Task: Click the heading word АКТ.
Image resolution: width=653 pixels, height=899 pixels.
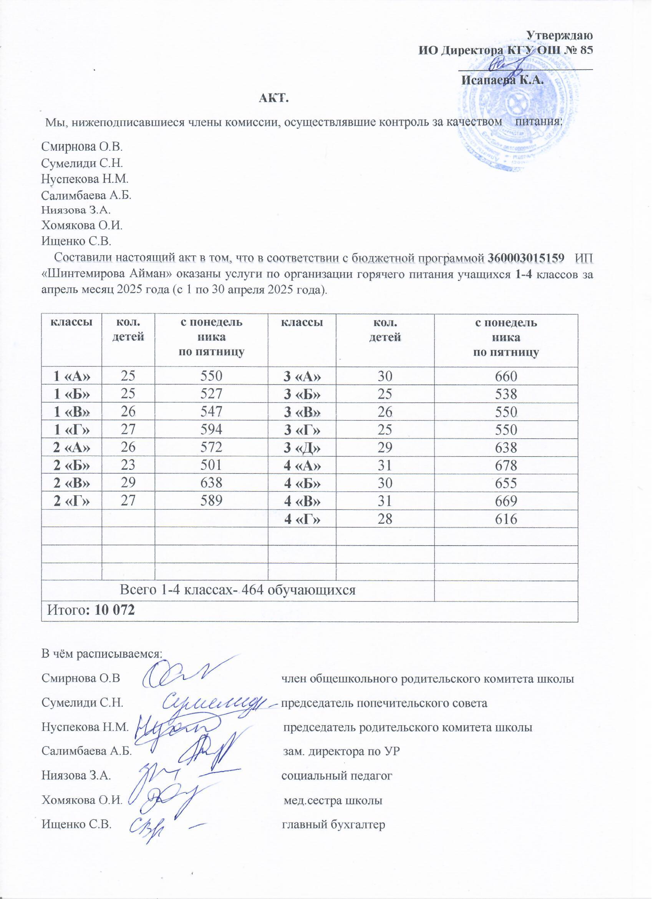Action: [x=274, y=98]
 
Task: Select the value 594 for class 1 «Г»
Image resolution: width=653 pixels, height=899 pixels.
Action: [x=211, y=430]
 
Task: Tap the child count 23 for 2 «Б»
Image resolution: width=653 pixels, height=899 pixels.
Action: [x=128, y=466]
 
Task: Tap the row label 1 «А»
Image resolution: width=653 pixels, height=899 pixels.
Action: [x=72, y=376]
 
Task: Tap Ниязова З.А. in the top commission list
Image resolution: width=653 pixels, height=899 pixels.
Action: [x=76, y=210]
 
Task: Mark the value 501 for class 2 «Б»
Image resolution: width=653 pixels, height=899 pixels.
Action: [x=211, y=466]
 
